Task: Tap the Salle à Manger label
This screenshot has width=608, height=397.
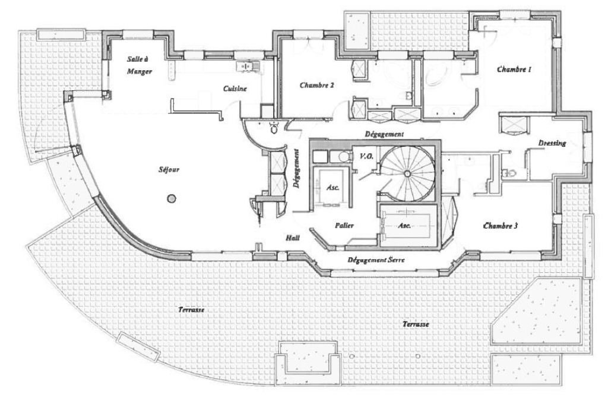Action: click(140, 65)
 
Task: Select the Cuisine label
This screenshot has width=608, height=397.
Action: click(235, 89)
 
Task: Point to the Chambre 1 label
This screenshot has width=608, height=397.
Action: click(514, 70)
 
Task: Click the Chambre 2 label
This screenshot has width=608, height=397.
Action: click(316, 85)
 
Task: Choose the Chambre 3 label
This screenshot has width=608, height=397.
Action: click(501, 226)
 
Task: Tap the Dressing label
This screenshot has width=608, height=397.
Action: click(552, 143)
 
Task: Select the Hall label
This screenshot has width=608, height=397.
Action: click(292, 237)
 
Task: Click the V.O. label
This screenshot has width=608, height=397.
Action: click(366, 156)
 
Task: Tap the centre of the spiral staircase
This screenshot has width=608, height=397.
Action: click(407, 173)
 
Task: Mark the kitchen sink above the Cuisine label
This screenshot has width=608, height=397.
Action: click(247, 65)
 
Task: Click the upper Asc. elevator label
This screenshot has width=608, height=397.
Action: click(332, 187)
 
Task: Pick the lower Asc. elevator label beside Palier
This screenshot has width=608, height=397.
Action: click(404, 226)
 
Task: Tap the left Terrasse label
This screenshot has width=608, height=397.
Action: click(191, 310)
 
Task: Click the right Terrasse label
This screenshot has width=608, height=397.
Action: click(415, 324)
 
